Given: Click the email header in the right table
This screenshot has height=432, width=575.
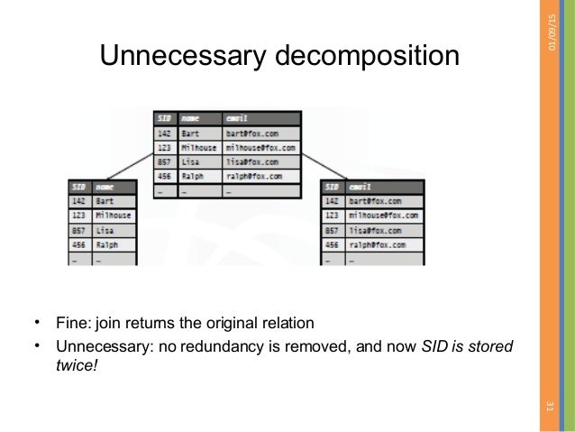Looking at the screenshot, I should (x=363, y=187).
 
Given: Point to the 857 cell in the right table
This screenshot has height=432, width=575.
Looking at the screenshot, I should (x=332, y=231).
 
